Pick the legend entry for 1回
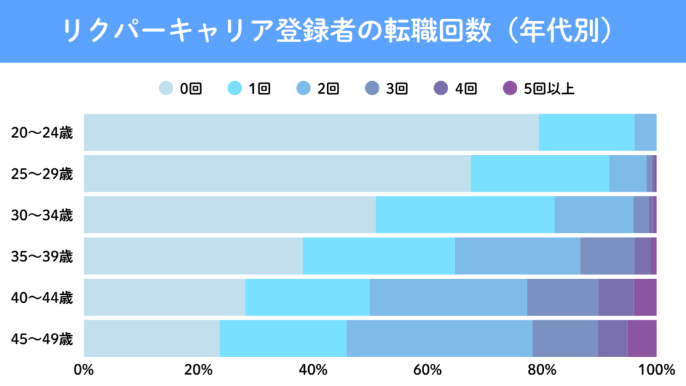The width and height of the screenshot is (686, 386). pyautogui.click(x=249, y=88)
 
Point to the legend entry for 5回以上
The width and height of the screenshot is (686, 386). pyautogui.click(x=539, y=88)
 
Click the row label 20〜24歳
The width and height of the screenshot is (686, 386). pyautogui.click(x=42, y=133)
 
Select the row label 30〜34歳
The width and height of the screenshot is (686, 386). pyautogui.click(x=42, y=215)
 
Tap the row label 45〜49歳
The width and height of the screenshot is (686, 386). pyautogui.click(x=42, y=338)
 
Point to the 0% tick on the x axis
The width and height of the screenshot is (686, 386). pyautogui.click(x=84, y=369)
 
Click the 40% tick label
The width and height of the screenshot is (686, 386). pyautogui.click(x=313, y=369)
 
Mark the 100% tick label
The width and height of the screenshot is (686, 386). pyautogui.click(x=656, y=369)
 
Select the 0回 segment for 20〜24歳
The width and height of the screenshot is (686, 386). pyautogui.click(x=311, y=133)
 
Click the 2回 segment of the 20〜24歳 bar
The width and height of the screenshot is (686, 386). pyautogui.click(x=645, y=133)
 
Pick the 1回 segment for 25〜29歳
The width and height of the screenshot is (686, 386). pyautogui.click(x=540, y=174)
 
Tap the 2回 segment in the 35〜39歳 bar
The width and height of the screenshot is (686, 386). pyautogui.click(x=517, y=256)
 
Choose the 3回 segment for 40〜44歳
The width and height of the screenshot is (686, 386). pyautogui.click(x=563, y=297)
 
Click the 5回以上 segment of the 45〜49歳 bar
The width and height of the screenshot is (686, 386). pyautogui.click(x=642, y=338)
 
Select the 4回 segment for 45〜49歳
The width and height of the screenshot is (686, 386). pyautogui.click(x=612, y=338)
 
